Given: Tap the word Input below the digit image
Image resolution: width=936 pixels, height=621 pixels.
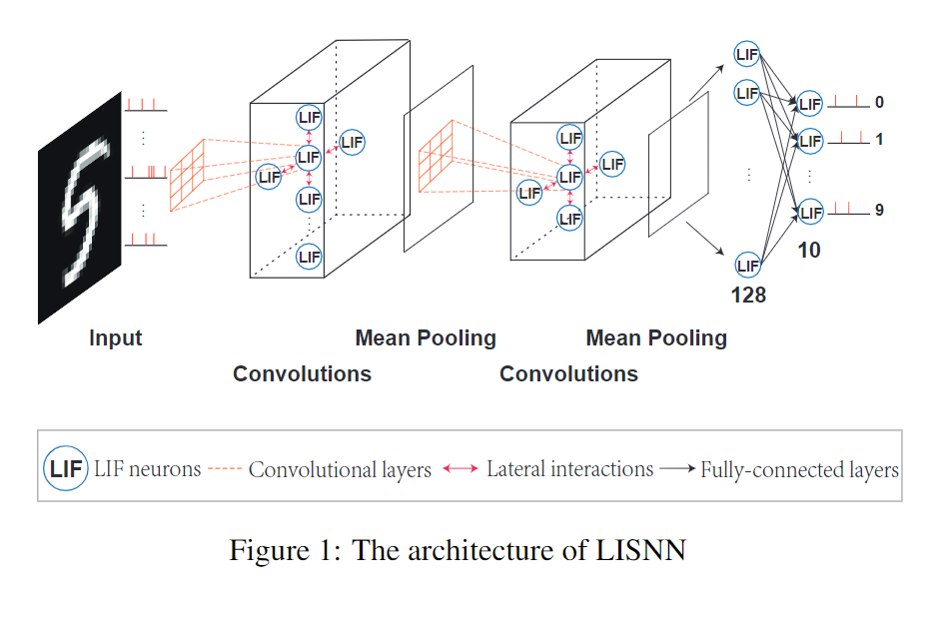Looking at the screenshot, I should coord(116,338).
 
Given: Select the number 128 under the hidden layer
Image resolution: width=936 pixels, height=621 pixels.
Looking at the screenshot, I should coord(747,296).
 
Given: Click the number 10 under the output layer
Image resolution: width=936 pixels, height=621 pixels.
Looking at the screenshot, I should coord(809,251).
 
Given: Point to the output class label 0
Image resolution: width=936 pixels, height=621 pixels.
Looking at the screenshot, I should coord(879,103).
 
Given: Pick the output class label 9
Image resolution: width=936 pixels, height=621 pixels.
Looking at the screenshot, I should coord(879,211).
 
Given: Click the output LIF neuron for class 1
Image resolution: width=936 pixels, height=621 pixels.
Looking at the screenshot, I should coord(810,140).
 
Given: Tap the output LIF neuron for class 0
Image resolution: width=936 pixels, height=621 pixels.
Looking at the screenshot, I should coord(810,104).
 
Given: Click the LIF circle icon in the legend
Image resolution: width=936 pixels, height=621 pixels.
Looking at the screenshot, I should coord(66,469).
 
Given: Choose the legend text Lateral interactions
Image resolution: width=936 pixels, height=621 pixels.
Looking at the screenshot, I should coord(569,469).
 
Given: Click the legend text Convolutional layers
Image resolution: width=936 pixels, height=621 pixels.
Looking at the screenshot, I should coord(340,469).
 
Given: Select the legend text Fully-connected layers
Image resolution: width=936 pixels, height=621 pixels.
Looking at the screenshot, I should coord(799,469).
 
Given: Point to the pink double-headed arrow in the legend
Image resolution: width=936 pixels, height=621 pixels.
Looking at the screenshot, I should coord(461,469).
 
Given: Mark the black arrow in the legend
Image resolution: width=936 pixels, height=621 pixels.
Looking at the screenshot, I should coord(677,469).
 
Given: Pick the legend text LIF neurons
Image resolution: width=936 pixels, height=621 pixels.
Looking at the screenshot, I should coord(147,469).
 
